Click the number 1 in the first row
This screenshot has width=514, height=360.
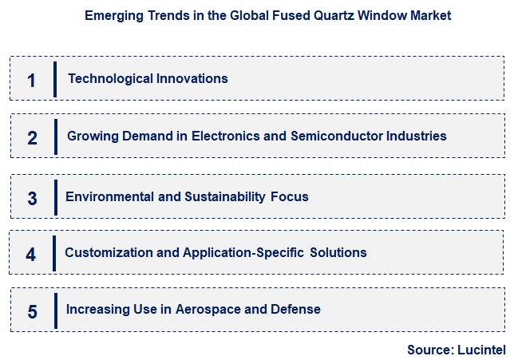[x=31, y=80]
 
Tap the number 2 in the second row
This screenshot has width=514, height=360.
[x=32, y=137]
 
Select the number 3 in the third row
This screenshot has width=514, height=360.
[x=32, y=198]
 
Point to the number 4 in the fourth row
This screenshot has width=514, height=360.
[x=30, y=255]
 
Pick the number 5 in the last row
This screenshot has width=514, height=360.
[x=32, y=311]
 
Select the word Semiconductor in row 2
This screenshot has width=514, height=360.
[x=336, y=136]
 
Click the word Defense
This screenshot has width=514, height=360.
[x=297, y=309]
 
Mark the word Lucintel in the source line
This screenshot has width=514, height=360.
[x=481, y=350]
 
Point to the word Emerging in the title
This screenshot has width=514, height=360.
[x=109, y=15]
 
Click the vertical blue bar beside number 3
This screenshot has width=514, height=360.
[x=55, y=197]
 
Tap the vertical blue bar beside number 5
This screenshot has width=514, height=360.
[x=55, y=311]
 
